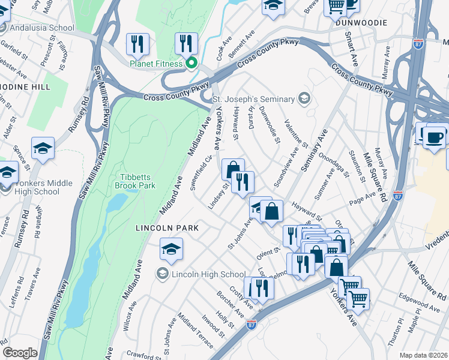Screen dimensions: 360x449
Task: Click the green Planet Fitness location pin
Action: (191, 62)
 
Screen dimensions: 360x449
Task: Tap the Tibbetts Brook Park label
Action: (134, 181)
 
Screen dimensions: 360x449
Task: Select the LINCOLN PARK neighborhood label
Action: (167, 228)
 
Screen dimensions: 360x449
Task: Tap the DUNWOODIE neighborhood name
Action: (360, 22)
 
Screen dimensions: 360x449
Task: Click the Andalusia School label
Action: (45, 28)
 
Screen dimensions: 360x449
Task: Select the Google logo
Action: (20, 353)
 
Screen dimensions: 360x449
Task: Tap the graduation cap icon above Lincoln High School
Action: (171, 248)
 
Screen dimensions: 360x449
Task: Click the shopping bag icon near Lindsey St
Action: (233, 169)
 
